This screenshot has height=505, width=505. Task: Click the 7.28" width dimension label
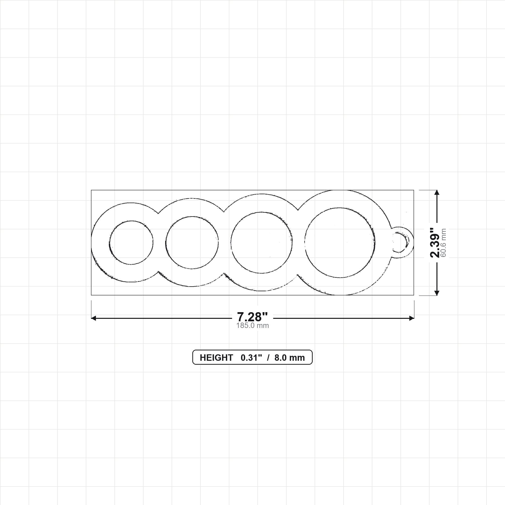[252, 317]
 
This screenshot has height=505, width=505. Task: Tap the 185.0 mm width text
[252, 325]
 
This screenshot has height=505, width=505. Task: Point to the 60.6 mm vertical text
[444, 243]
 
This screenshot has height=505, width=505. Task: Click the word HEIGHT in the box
[216, 358]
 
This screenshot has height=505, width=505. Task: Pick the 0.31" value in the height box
[251, 357]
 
